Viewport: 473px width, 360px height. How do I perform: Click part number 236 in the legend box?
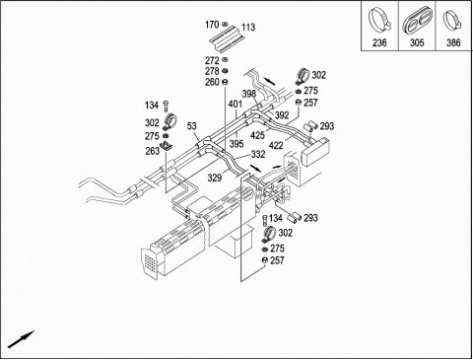pos(379,42)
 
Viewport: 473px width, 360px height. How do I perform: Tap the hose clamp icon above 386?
pos(453,22)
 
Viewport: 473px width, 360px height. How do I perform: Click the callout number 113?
pos(248,28)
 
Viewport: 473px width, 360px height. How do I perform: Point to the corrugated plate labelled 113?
pos(227,38)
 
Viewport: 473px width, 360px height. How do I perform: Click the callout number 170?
pos(212,25)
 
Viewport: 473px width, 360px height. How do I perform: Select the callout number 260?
pos(212,82)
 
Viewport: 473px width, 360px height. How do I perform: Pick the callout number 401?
pos(236,105)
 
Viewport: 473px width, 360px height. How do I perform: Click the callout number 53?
pos(192,125)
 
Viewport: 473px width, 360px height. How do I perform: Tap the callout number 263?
pos(152,151)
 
